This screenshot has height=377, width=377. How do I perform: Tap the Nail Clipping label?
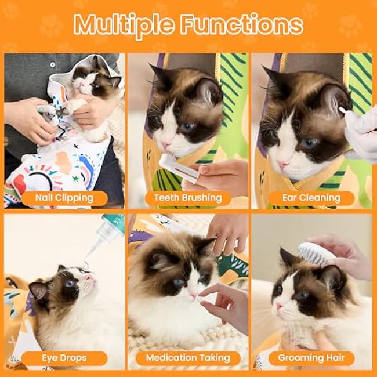(x=64, y=198)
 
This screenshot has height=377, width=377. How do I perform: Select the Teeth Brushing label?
(x=188, y=198)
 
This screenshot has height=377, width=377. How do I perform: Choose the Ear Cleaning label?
(x=311, y=198)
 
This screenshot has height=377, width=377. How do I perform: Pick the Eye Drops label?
(x=64, y=357)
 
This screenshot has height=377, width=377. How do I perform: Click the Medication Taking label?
(x=188, y=357)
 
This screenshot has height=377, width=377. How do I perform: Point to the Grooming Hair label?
(x=311, y=357)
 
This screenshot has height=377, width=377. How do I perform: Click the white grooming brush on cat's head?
(x=313, y=253)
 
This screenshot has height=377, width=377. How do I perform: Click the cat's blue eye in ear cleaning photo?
(x=309, y=143)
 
